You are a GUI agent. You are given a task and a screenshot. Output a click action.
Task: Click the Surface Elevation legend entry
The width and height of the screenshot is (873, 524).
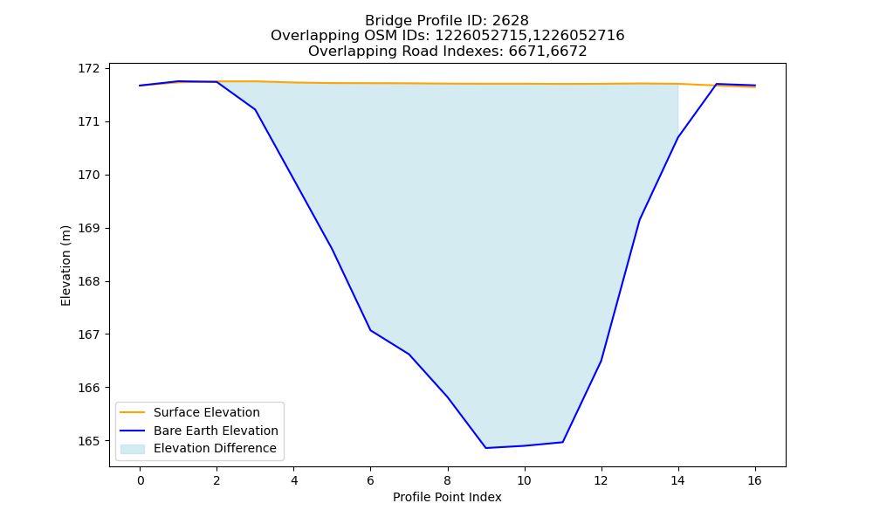190,412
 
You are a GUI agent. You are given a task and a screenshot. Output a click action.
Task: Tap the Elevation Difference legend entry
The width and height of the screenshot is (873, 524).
198,448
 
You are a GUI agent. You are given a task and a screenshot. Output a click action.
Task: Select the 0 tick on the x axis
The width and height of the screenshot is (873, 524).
141,480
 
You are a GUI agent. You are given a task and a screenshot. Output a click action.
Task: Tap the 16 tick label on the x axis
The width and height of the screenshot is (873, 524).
754,480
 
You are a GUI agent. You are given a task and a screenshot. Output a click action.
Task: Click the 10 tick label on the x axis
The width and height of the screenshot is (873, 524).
524,480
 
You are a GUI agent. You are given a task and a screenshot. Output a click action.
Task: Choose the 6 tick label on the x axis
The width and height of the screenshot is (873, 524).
370,480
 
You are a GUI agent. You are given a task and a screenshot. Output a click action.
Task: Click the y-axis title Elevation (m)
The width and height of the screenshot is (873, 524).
65,265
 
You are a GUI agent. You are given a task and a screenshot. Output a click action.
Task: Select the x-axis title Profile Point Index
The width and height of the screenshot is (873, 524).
447,497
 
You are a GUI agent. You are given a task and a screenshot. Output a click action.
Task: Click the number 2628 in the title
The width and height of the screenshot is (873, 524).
510,21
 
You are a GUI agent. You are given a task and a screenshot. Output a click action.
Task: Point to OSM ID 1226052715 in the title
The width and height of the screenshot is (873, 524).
480,36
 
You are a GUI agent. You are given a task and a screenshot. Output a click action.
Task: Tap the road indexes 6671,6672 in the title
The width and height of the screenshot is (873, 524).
548,52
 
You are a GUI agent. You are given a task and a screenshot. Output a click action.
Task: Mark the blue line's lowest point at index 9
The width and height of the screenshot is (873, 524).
485,448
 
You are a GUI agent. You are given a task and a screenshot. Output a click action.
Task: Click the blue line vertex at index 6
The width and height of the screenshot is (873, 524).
370,330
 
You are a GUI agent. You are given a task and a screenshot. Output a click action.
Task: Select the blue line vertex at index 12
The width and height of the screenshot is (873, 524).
601,361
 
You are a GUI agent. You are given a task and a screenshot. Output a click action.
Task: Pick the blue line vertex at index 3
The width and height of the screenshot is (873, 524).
255,109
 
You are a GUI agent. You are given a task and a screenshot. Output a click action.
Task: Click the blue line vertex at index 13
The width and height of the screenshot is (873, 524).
639,220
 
